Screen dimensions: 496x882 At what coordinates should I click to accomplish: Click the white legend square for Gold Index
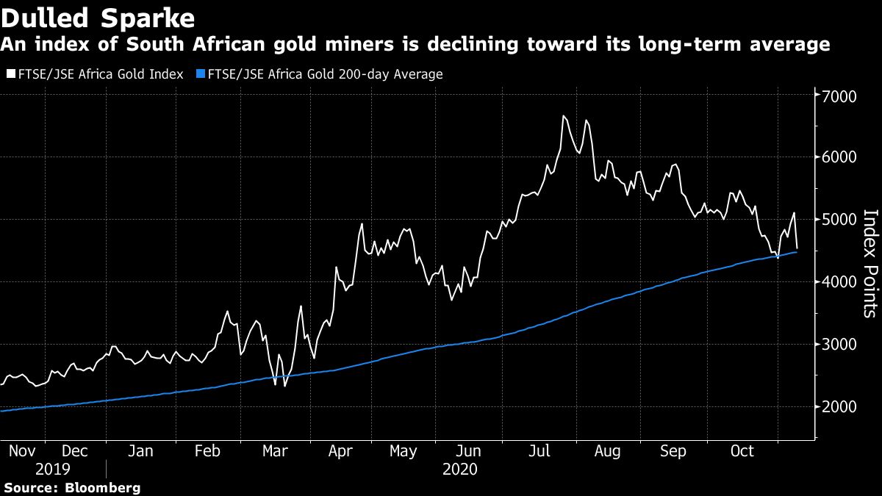coord(10,74)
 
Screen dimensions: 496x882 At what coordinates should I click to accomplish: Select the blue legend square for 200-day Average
coord(201,74)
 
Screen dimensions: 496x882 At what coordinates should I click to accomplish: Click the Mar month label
coord(276,451)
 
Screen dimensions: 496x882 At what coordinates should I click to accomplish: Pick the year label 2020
coord(460,469)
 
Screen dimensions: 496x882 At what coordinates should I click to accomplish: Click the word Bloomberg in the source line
coord(102,488)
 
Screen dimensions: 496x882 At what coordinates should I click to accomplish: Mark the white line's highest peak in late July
coord(564,116)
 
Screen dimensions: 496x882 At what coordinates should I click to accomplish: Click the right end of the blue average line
coord(797,252)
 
